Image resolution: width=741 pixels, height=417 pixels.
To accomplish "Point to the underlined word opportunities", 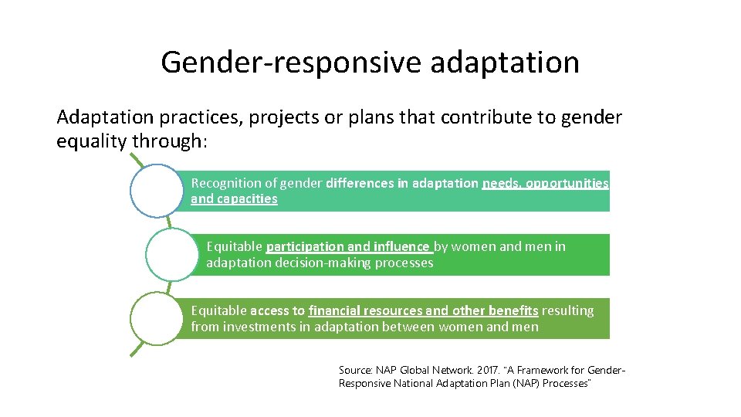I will coord(567,184).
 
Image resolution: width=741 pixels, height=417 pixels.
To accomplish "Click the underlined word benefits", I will coord(513,311).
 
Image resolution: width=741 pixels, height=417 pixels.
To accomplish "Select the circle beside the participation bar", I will coord(172,254).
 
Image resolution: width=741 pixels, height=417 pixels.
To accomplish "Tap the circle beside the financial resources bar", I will coord(157,318).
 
